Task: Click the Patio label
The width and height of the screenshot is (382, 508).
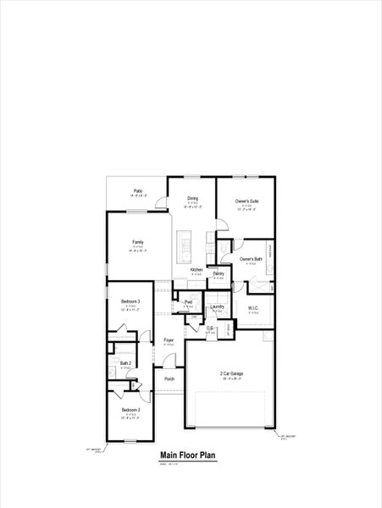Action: click(138, 190)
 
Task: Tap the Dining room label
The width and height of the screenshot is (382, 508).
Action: click(193, 198)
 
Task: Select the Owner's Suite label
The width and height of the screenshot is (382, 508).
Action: click(247, 201)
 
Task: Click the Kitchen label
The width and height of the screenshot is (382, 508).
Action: click(196, 270)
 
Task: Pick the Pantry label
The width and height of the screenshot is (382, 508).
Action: click(219, 273)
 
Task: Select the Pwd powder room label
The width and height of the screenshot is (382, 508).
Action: click(188, 302)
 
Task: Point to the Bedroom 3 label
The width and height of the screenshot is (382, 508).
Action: click(130, 302)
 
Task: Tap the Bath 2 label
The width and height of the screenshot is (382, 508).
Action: click(125, 363)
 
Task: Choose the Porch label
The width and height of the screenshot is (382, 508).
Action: click(169, 378)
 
